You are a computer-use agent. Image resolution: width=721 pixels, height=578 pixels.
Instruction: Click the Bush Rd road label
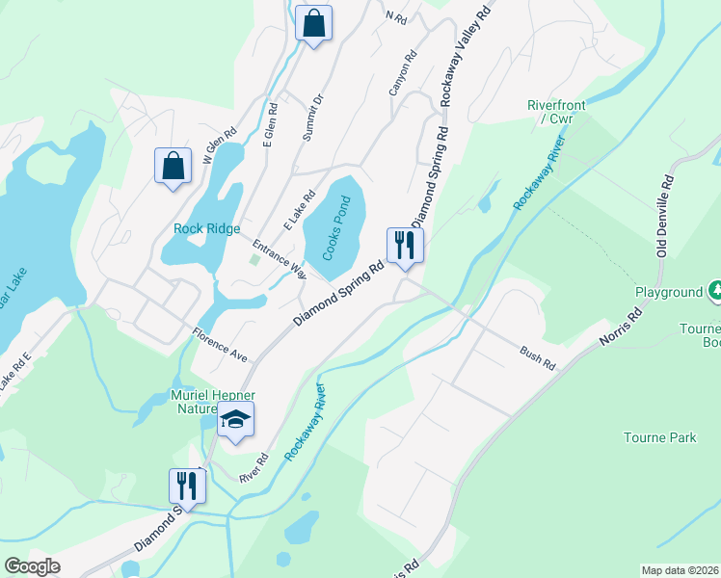pos(538,357)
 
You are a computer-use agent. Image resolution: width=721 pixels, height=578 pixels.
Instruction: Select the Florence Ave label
pos(220,345)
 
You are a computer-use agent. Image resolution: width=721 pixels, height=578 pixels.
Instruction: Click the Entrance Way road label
pos(280,258)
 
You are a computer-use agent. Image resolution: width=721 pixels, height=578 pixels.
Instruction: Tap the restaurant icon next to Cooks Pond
pos(403,245)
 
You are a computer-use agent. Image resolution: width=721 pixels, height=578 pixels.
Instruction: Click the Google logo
pos(32,566)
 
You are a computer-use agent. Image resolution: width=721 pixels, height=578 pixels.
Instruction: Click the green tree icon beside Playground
pos(715,289)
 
